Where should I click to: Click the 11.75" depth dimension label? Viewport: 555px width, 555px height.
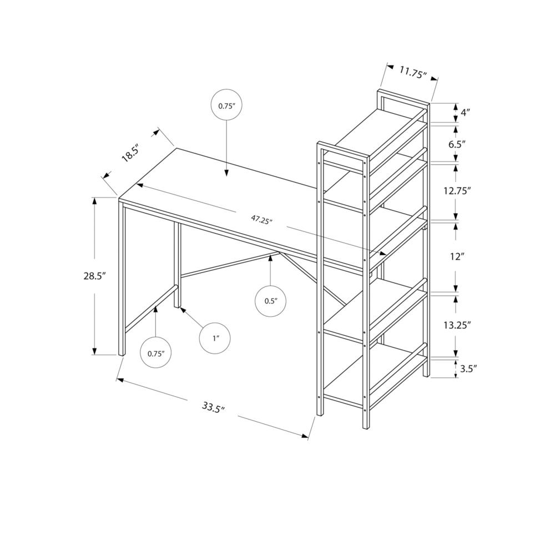[x=412, y=72]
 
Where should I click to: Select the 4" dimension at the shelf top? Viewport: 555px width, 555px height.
[x=465, y=112]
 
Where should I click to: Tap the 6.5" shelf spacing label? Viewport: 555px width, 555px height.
[x=456, y=144]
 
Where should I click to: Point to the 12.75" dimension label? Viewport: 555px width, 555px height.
[x=457, y=190]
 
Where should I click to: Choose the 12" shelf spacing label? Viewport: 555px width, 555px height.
[x=456, y=256]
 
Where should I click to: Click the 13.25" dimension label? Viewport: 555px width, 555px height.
[x=457, y=325]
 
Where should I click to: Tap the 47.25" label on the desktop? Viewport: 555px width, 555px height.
[x=261, y=219]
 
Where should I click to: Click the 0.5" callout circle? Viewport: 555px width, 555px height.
[x=270, y=301]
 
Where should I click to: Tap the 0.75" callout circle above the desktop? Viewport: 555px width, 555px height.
[x=226, y=105]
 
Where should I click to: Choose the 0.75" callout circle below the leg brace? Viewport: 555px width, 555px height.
[x=156, y=353]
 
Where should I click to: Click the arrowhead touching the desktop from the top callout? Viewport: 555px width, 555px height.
[x=226, y=174]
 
